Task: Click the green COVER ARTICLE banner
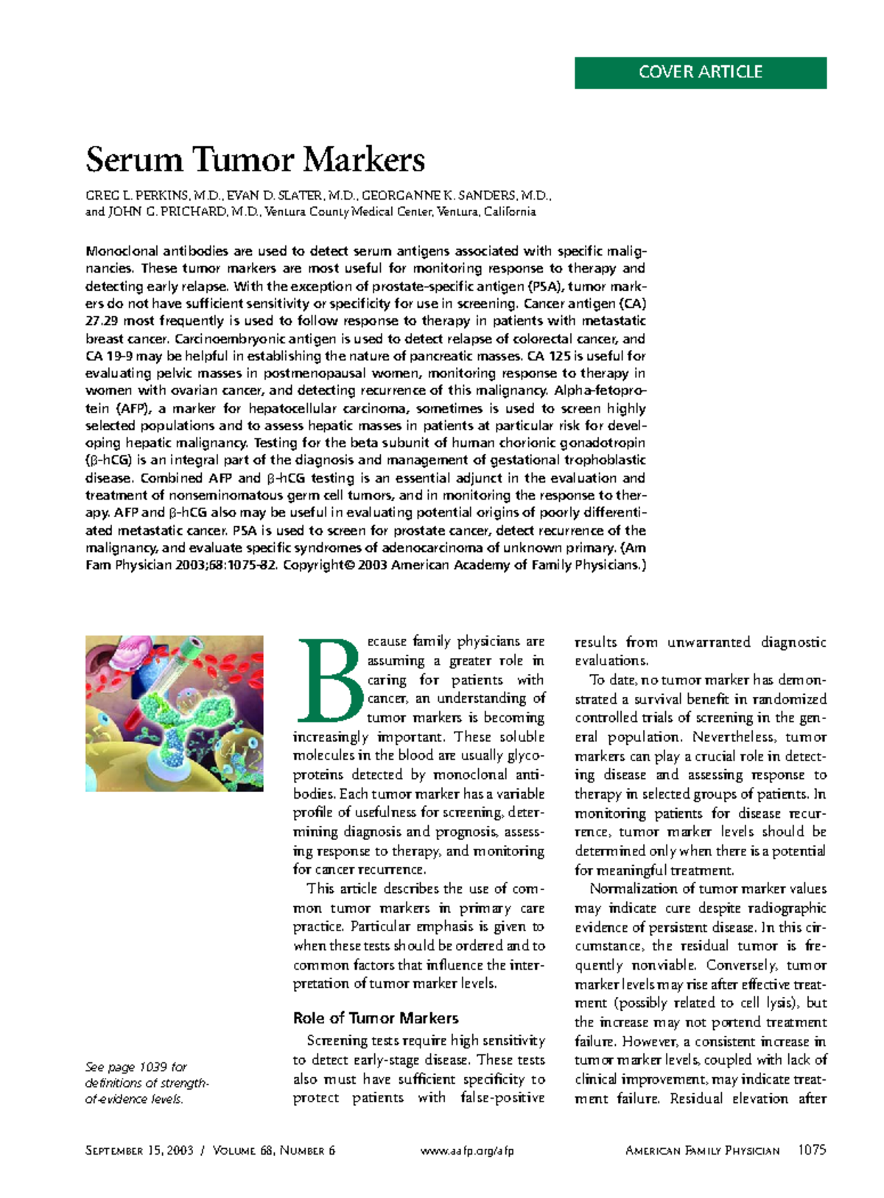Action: pyautogui.click(x=700, y=72)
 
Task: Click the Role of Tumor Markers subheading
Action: pyautogui.click(x=376, y=1018)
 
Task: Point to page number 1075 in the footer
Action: pyautogui.click(x=812, y=1150)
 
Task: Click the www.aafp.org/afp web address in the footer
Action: pyautogui.click(x=467, y=1151)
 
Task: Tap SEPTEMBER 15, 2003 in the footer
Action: pyautogui.click(x=139, y=1151)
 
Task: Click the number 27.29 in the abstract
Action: pyautogui.click(x=102, y=321)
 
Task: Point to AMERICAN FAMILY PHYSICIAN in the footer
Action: pyautogui.click(x=701, y=1151)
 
